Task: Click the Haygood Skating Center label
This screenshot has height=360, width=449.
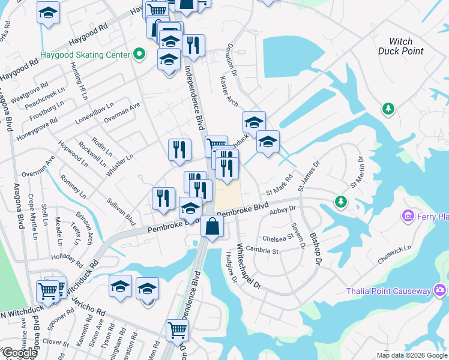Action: pos(85,55)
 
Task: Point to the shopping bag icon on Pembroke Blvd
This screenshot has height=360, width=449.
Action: pos(212,227)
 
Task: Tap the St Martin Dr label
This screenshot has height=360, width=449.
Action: pos(357,172)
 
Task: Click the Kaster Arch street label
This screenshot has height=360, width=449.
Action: pos(229,91)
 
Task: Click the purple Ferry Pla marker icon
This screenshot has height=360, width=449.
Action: pos(408,215)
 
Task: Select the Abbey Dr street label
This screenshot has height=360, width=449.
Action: pos(283,209)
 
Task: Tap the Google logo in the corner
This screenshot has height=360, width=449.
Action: pos(20,353)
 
